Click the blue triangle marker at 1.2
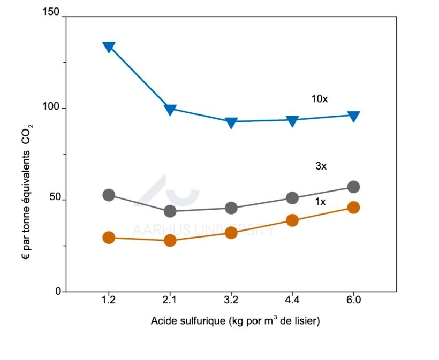109,47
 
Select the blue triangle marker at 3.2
231,122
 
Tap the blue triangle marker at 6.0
353,116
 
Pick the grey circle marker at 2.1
170,211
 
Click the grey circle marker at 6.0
353,187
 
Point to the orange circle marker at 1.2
109,238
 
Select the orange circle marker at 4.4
292,220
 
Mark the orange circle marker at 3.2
231,233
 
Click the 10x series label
319,99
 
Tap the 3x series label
321,166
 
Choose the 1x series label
321,202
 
